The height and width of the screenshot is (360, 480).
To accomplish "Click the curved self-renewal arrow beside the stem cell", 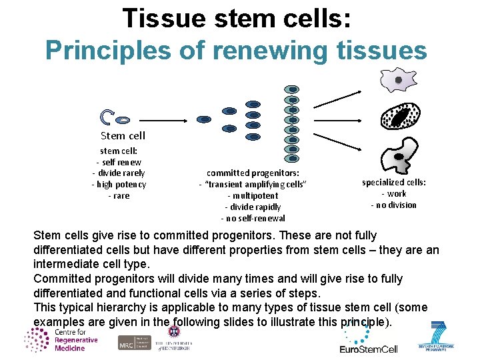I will [106, 118].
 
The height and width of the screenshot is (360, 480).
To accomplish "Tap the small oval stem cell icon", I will [123, 120].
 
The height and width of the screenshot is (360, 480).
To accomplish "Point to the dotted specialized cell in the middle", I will [400, 118].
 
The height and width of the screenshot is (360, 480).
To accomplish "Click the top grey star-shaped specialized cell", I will [398, 80].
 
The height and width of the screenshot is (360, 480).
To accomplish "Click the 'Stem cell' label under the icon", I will [123, 135].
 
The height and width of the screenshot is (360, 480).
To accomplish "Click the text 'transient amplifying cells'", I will [253, 184].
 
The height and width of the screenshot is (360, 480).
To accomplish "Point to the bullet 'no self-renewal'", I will [253, 218].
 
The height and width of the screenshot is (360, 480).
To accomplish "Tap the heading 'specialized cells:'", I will [394, 182].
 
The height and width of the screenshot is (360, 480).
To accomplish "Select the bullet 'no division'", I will [393, 205].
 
